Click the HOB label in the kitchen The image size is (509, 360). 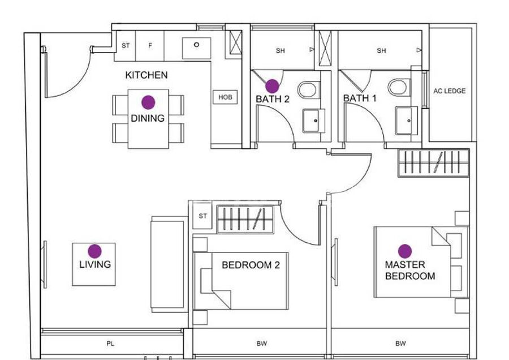225,97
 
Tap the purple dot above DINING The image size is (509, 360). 148,102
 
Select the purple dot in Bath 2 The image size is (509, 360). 273,86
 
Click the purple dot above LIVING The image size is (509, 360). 95,251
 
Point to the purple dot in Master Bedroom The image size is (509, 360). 405,251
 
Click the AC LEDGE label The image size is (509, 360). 449,91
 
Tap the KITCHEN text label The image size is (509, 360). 146,75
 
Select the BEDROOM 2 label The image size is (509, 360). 251,265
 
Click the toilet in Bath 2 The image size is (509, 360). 307,89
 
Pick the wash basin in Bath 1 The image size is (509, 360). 407,120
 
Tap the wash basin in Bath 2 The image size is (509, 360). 314,121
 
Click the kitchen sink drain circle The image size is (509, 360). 196,45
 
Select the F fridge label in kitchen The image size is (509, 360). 150,46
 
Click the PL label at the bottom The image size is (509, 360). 110,344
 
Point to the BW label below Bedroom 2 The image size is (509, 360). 262,344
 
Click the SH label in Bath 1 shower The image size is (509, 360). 381,51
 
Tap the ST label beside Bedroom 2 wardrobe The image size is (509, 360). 202,216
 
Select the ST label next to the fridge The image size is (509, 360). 126,46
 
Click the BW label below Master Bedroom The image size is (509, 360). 400,344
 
